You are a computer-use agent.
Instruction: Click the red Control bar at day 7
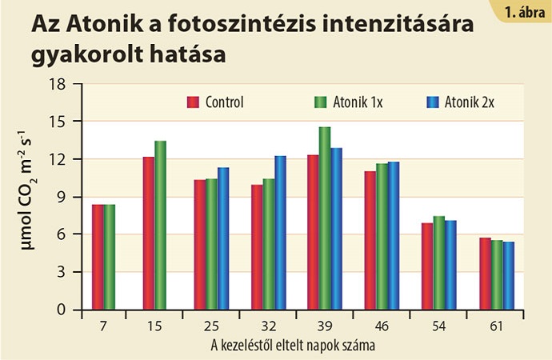98,257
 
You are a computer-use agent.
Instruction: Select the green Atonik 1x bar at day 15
160,225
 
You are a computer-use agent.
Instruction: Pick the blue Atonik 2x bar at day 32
280,232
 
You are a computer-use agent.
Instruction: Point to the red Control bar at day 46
370,240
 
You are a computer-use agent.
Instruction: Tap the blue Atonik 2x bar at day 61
509,275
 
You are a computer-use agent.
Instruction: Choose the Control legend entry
215,102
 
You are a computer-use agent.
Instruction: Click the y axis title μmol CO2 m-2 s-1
29,195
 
